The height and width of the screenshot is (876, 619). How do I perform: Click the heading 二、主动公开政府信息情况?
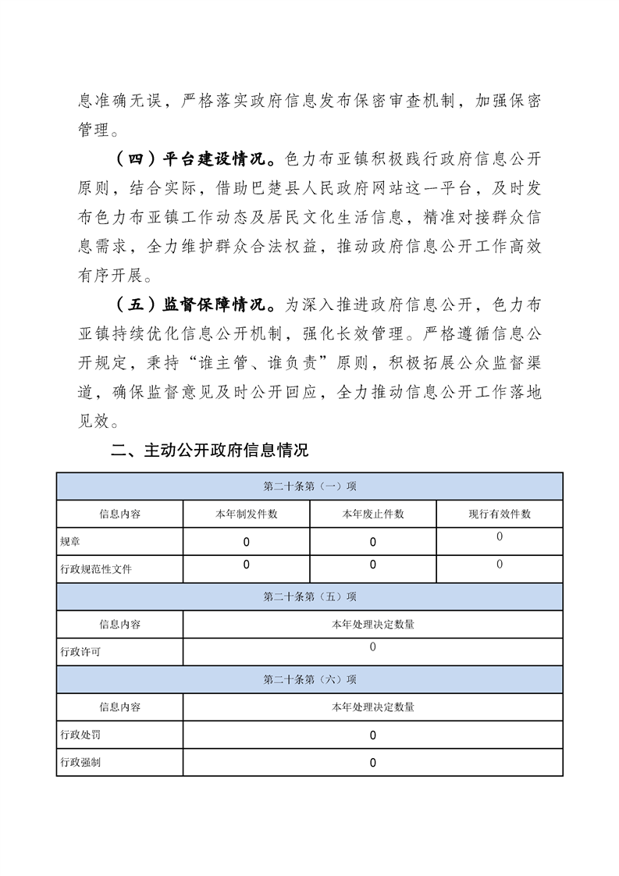(x=211, y=450)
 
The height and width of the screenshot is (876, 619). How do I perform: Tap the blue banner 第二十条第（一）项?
(x=310, y=486)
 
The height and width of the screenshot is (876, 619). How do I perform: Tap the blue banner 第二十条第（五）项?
(x=310, y=596)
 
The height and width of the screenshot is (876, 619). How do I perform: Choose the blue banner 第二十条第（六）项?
(x=310, y=680)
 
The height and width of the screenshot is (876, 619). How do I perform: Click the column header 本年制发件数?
(x=247, y=514)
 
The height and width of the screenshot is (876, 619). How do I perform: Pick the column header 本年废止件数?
(x=373, y=514)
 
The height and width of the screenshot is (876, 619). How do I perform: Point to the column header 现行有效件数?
(x=500, y=514)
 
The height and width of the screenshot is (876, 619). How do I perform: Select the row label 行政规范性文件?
(x=96, y=569)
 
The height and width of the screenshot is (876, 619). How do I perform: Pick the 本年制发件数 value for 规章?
(x=247, y=541)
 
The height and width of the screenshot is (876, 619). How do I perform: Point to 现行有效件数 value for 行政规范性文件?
(x=500, y=564)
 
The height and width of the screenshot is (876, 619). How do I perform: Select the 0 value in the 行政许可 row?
(x=373, y=647)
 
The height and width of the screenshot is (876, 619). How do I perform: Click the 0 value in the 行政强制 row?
(x=373, y=763)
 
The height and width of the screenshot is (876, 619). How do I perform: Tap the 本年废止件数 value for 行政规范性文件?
(x=373, y=564)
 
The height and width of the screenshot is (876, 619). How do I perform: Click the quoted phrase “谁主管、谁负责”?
(x=272, y=364)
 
